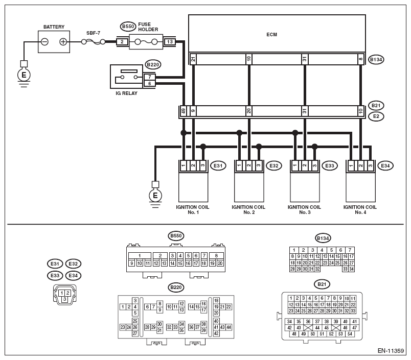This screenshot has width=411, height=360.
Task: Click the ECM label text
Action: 271,35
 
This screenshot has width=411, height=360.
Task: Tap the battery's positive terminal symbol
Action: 63,42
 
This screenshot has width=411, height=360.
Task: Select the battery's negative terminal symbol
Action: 45,42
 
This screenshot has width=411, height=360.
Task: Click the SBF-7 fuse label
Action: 94,33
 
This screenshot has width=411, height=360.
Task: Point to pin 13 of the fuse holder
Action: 170,42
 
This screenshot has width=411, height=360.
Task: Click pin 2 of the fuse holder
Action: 122,42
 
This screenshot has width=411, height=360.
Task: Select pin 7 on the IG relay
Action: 149,77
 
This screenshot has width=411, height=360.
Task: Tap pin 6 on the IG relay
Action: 149,84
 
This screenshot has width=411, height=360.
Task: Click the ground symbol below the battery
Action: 24,76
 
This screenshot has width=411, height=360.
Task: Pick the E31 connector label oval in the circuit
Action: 218,166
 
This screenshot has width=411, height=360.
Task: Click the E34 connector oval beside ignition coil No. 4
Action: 385,166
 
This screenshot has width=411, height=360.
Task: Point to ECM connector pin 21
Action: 193,59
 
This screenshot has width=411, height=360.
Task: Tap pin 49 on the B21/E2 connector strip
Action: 184,111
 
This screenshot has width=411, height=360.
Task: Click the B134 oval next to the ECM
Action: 376,60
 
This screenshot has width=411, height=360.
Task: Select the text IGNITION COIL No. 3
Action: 304,210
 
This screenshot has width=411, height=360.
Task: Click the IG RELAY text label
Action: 126,93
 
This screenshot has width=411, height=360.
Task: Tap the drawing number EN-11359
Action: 391,351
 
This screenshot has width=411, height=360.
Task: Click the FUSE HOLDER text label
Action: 148,27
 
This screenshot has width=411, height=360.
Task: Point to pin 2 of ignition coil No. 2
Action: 249,165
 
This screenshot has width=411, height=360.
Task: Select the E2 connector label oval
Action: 376,116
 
